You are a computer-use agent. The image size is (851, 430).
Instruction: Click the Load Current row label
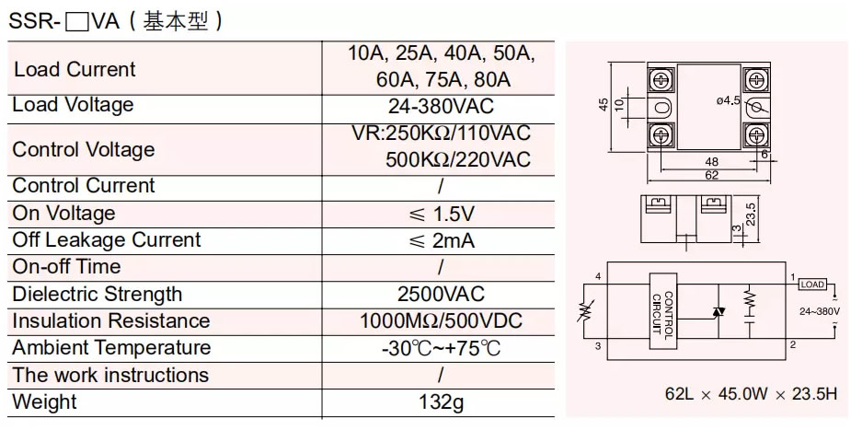point(75,69)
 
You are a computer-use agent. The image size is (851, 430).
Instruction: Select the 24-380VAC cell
point(441,105)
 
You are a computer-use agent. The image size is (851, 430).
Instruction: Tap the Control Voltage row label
point(84,149)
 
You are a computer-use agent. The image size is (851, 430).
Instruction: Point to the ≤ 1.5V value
point(441,214)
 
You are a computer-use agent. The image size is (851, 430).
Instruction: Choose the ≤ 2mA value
point(441,240)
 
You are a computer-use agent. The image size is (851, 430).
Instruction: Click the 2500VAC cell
point(441,295)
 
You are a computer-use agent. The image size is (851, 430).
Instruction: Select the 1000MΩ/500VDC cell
point(441,321)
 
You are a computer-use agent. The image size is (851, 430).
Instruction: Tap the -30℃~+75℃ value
point(441,348)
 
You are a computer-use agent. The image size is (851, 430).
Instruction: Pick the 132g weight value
point(441,402)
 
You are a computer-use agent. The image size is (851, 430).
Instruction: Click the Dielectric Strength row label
point(97,295)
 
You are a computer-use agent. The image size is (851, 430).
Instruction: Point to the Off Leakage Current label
point(106,240)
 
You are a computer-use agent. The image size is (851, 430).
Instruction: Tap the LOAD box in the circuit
point(813,285)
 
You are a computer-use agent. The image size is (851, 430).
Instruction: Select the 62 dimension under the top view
point(711,174)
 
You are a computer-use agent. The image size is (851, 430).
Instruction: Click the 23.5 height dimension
point(751,214)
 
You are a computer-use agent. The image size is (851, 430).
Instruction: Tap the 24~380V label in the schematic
point(820,311)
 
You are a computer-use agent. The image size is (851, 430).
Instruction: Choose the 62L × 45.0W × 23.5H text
point(751,394)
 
